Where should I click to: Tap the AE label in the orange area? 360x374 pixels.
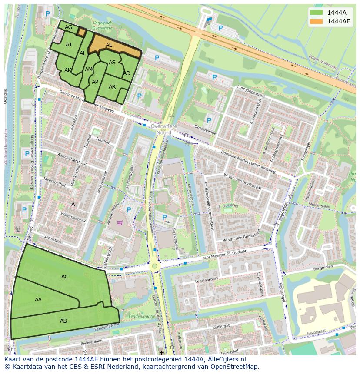(109, 45)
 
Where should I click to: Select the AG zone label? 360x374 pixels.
(68, 27)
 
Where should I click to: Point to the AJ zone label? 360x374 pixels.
(69, 45)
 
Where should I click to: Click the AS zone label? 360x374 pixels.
(112, 63)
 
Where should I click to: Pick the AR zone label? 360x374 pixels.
(112, 87)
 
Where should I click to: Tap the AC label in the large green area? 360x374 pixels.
(65, 277)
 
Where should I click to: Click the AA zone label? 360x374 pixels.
(38, 300)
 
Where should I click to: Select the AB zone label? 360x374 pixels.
(63, 321)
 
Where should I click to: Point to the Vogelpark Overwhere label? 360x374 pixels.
(102, 25)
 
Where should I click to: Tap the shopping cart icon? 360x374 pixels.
(120, 223)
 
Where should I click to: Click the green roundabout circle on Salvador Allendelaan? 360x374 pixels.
(154, 265)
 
